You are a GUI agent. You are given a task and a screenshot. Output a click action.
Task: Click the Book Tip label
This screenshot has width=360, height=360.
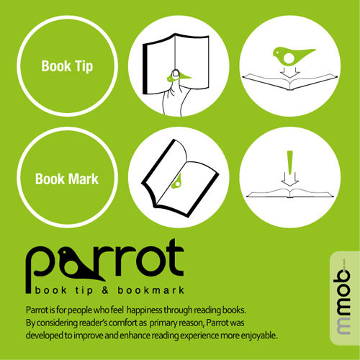coord(67,66)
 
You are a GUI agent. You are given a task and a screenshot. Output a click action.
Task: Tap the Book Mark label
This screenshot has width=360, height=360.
coord(67,179)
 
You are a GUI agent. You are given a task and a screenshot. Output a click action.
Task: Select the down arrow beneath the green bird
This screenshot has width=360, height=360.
coord(290,72)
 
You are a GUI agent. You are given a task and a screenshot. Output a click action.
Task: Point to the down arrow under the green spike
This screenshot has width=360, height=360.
coord(289,179)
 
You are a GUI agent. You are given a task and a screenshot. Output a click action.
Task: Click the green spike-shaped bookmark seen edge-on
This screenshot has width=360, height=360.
coord(290,162)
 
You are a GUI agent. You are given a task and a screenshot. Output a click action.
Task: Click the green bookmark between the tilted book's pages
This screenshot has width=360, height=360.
coord(177,181)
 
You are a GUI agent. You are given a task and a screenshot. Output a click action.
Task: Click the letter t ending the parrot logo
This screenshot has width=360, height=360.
coord(176,257)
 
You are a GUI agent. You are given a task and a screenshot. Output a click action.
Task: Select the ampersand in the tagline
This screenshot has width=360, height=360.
coord(105,290)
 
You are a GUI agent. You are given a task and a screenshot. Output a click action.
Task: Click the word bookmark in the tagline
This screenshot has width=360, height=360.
coord(151,290)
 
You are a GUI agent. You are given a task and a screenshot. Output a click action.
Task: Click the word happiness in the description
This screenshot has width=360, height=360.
coord(145,310)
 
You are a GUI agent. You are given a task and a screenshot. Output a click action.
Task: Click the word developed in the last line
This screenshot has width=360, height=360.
coord(45,336)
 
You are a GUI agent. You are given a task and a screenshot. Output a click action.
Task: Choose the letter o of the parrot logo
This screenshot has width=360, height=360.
coord(153,261)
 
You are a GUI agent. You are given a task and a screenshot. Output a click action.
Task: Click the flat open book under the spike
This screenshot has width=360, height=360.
coord(290,193)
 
